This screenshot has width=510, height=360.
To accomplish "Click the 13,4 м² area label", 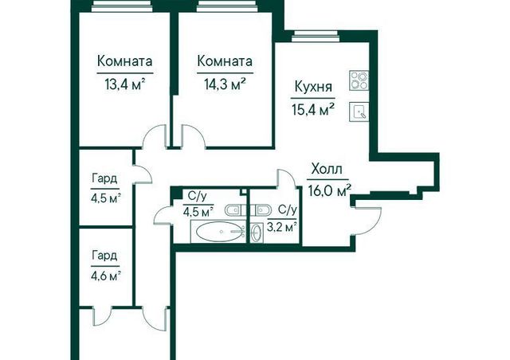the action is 124,85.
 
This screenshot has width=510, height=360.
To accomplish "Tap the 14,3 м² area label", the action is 225,85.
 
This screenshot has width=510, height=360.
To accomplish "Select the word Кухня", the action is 313,88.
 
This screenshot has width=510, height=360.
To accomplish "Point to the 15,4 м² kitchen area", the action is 313,110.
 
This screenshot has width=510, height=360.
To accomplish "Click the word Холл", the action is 327,170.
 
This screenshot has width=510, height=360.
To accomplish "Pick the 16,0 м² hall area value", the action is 329,191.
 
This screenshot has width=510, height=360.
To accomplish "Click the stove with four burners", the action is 359,80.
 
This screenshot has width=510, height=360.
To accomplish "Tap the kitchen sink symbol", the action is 359,112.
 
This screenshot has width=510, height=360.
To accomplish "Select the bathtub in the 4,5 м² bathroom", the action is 220,232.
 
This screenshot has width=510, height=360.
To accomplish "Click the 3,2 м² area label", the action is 281,226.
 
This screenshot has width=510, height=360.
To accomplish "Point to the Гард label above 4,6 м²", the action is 104,256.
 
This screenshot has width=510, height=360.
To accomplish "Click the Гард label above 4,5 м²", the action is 104,178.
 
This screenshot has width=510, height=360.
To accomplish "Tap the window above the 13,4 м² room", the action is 121,6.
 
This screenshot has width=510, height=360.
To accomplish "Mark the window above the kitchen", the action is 316,37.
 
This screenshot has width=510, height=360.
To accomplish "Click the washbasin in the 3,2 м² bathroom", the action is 257,233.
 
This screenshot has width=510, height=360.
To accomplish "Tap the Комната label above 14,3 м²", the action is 225,61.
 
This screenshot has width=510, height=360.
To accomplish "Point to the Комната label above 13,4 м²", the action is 125,61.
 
